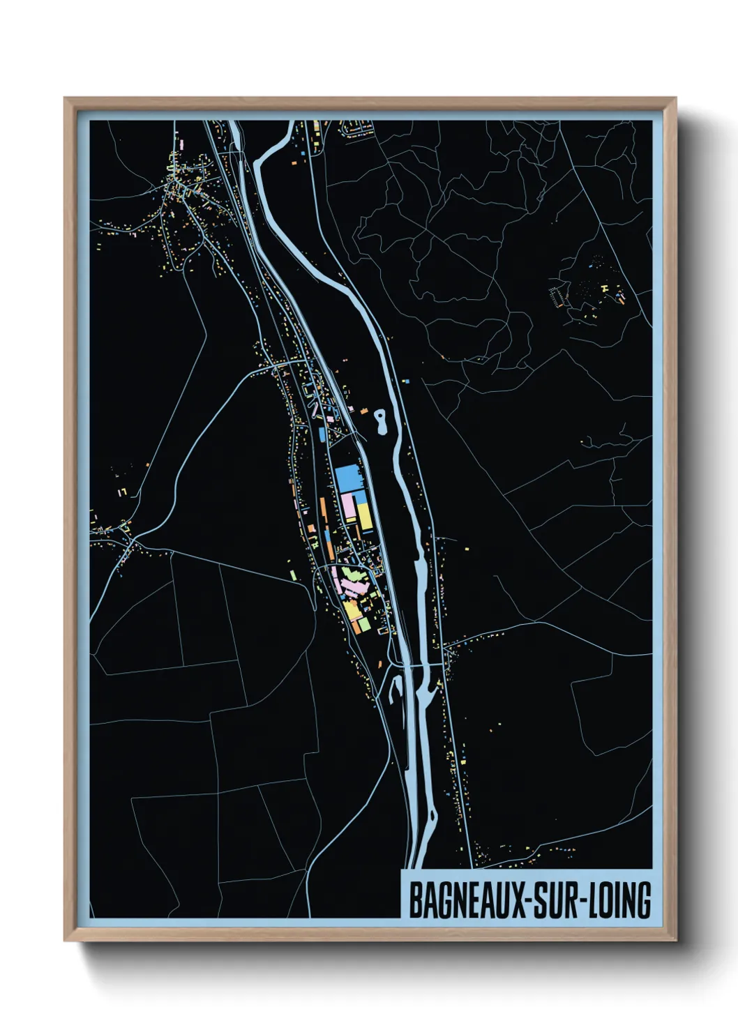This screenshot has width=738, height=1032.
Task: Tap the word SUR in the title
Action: pos(557,901)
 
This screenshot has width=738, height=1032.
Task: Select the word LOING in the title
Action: pos(619,901)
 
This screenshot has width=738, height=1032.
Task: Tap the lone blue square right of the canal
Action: pos(407,381)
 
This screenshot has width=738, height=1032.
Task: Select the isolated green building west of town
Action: pos(293,575)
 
